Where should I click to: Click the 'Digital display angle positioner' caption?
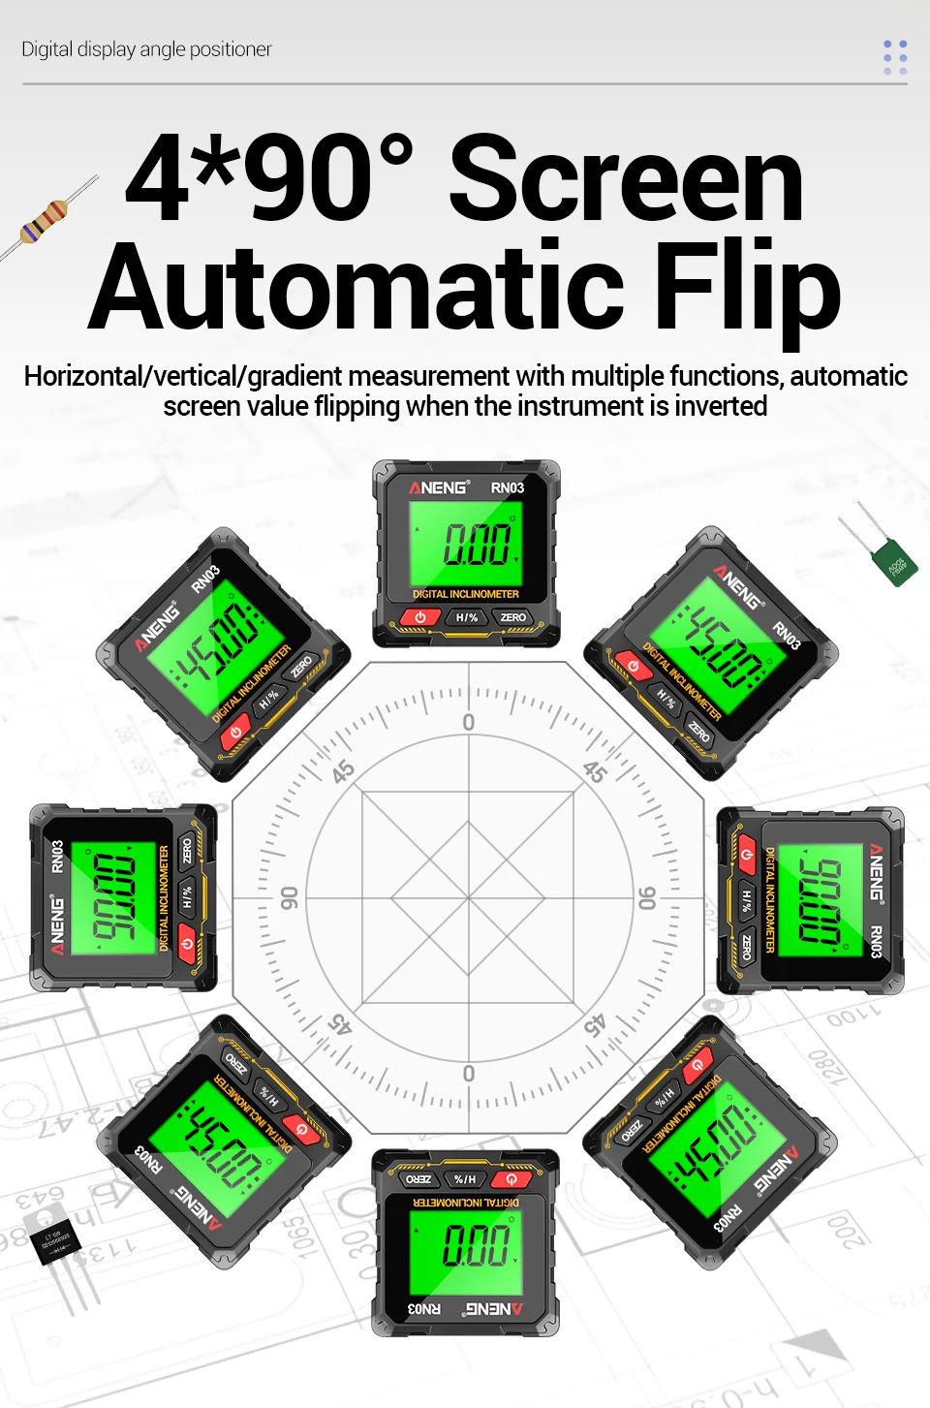coord(146,49)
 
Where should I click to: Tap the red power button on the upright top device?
coord(420,617)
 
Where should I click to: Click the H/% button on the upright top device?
coord(467,617)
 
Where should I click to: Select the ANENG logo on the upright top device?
coord(439,487)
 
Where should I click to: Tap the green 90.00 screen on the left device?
coord(115,896)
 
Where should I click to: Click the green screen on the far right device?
coord(820,899)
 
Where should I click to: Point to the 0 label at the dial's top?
coord(469,722)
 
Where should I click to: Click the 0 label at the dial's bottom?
coord(469,1074)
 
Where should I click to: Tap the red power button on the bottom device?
coord(511,1179)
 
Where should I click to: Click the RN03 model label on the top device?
coord(508,487)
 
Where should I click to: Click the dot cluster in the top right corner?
coord(895,57)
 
